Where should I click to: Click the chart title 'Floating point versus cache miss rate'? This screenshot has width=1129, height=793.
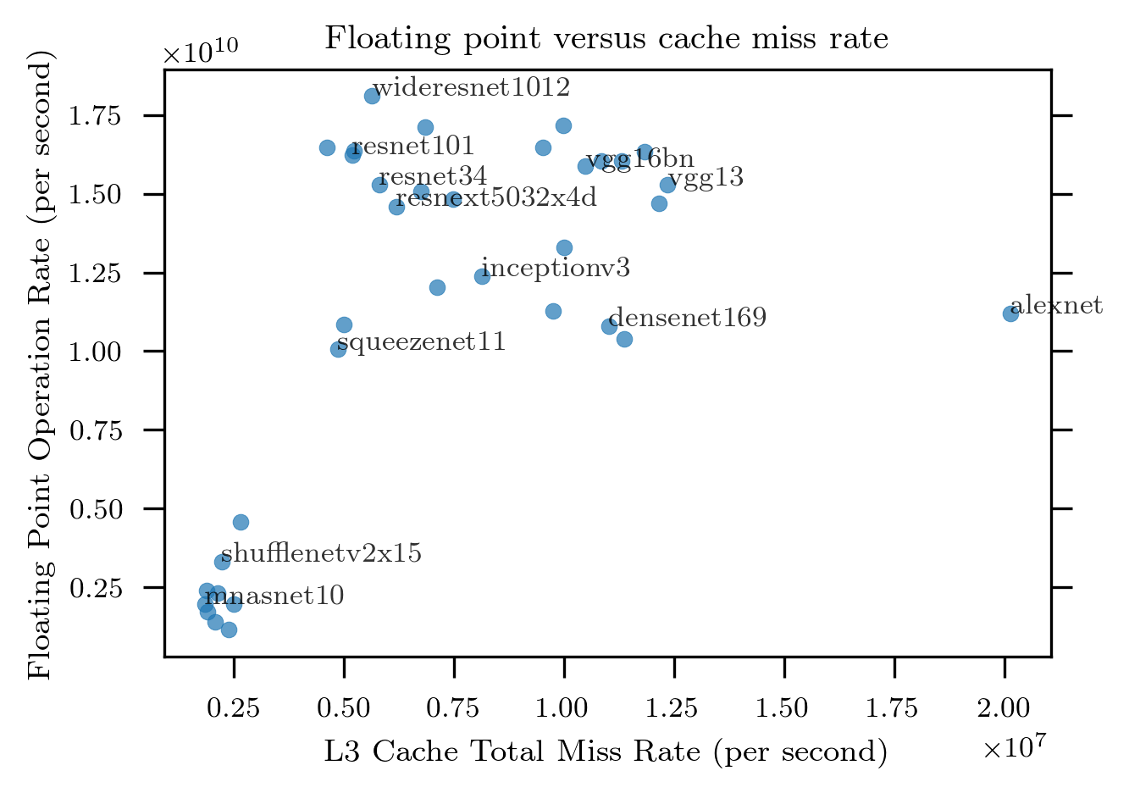(x=606, y=38)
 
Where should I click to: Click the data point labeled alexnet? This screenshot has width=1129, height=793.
(x=1010, y=313)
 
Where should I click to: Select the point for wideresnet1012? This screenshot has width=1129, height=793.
(x=372, y=96)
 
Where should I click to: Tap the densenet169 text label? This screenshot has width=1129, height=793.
(x=688, y=318)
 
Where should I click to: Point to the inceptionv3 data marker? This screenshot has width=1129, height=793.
(x=482, y=276)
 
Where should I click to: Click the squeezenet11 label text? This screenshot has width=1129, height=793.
(x=421, y=342)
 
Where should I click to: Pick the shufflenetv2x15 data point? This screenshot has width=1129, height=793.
(x=222, y=562)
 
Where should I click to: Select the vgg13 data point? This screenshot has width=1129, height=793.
(x=667, y=185)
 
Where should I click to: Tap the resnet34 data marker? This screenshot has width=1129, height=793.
(x=379, y=185)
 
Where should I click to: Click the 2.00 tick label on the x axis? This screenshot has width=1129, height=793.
(x=1004, y=708)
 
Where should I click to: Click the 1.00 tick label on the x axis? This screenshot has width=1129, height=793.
(x=563, y=708)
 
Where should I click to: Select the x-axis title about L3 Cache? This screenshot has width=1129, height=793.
(x=606, y=751)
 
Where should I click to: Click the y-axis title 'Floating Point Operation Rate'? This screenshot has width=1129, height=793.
(x=40, y=364)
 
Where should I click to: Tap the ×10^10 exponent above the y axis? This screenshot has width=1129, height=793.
(x=201, y=53)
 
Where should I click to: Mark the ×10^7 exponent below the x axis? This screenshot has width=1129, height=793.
(x=1015, y=747)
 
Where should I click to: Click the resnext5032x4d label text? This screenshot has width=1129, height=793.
(x=496, y=198)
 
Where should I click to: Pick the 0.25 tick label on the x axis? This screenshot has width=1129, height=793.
(x=233, y=708)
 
